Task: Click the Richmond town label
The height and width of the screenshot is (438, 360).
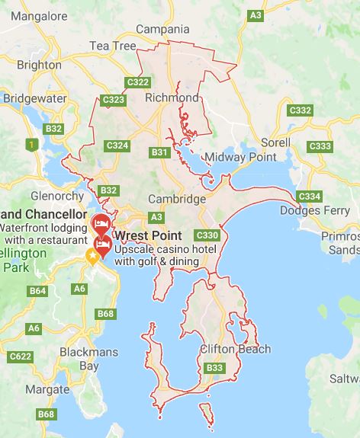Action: (x=172, y=98)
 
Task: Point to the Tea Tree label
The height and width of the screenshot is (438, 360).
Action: (x=111, y=46)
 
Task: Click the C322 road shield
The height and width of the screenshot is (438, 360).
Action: (x=138, y=82)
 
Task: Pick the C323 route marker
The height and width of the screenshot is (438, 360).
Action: (x=113, y=99)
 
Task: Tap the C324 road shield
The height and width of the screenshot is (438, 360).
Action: (x=117, y=145)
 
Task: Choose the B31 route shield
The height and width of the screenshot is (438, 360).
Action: (x=159, y=152)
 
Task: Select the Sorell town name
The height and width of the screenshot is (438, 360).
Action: (x=275, y=142)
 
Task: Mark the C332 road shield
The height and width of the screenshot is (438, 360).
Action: (x=300, y=110)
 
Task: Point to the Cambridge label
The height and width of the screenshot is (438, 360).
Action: (x=178, y=200)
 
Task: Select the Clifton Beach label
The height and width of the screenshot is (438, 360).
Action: (x=235, y=350)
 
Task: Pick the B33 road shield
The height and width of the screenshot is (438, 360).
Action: (x=215, y=369)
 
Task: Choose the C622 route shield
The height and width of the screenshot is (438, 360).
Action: (x=21, y=356)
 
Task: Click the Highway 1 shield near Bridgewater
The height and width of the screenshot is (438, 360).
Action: (x=31, y=144)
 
